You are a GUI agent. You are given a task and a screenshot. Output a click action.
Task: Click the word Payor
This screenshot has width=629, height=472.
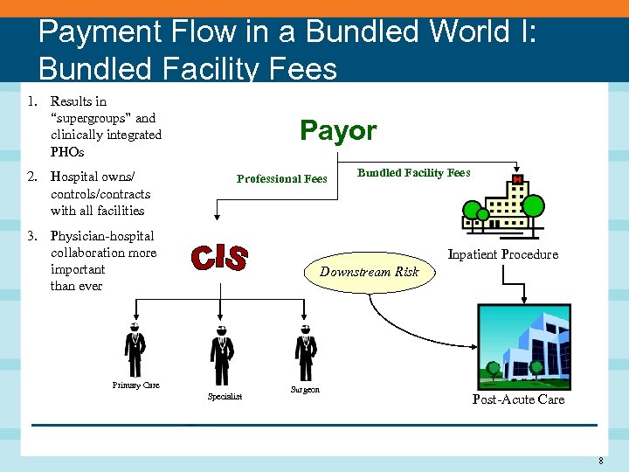coord(338,131)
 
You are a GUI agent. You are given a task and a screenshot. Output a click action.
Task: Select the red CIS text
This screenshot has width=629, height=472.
coord(219,258)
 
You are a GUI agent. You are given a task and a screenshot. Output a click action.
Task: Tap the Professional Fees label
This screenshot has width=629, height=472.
coord(281,179)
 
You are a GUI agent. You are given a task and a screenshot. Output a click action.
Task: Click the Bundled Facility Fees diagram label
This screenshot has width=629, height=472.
coord(413,173)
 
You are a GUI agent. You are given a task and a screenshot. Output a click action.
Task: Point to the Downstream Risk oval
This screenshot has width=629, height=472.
coord(369,272)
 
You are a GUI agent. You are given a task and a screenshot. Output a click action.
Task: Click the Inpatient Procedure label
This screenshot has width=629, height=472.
coord(502,254)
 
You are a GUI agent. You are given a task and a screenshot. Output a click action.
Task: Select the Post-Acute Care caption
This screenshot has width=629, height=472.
coord(518,399)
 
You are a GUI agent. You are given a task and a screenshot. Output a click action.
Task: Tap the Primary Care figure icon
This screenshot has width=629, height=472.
coord(134,350)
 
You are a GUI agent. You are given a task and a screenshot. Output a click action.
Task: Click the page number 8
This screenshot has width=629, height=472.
coord(601,461)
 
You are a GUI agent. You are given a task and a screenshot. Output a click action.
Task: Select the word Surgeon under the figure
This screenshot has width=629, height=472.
coord(305,389)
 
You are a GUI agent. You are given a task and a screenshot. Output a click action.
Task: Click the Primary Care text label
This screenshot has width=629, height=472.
coord(135,385)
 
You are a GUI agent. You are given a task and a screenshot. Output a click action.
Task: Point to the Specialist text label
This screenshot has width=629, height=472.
coord(225,397)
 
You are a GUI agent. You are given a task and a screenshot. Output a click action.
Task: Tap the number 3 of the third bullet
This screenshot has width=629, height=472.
coord(31,236)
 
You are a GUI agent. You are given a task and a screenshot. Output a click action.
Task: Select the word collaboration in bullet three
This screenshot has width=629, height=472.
coord(88,253)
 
